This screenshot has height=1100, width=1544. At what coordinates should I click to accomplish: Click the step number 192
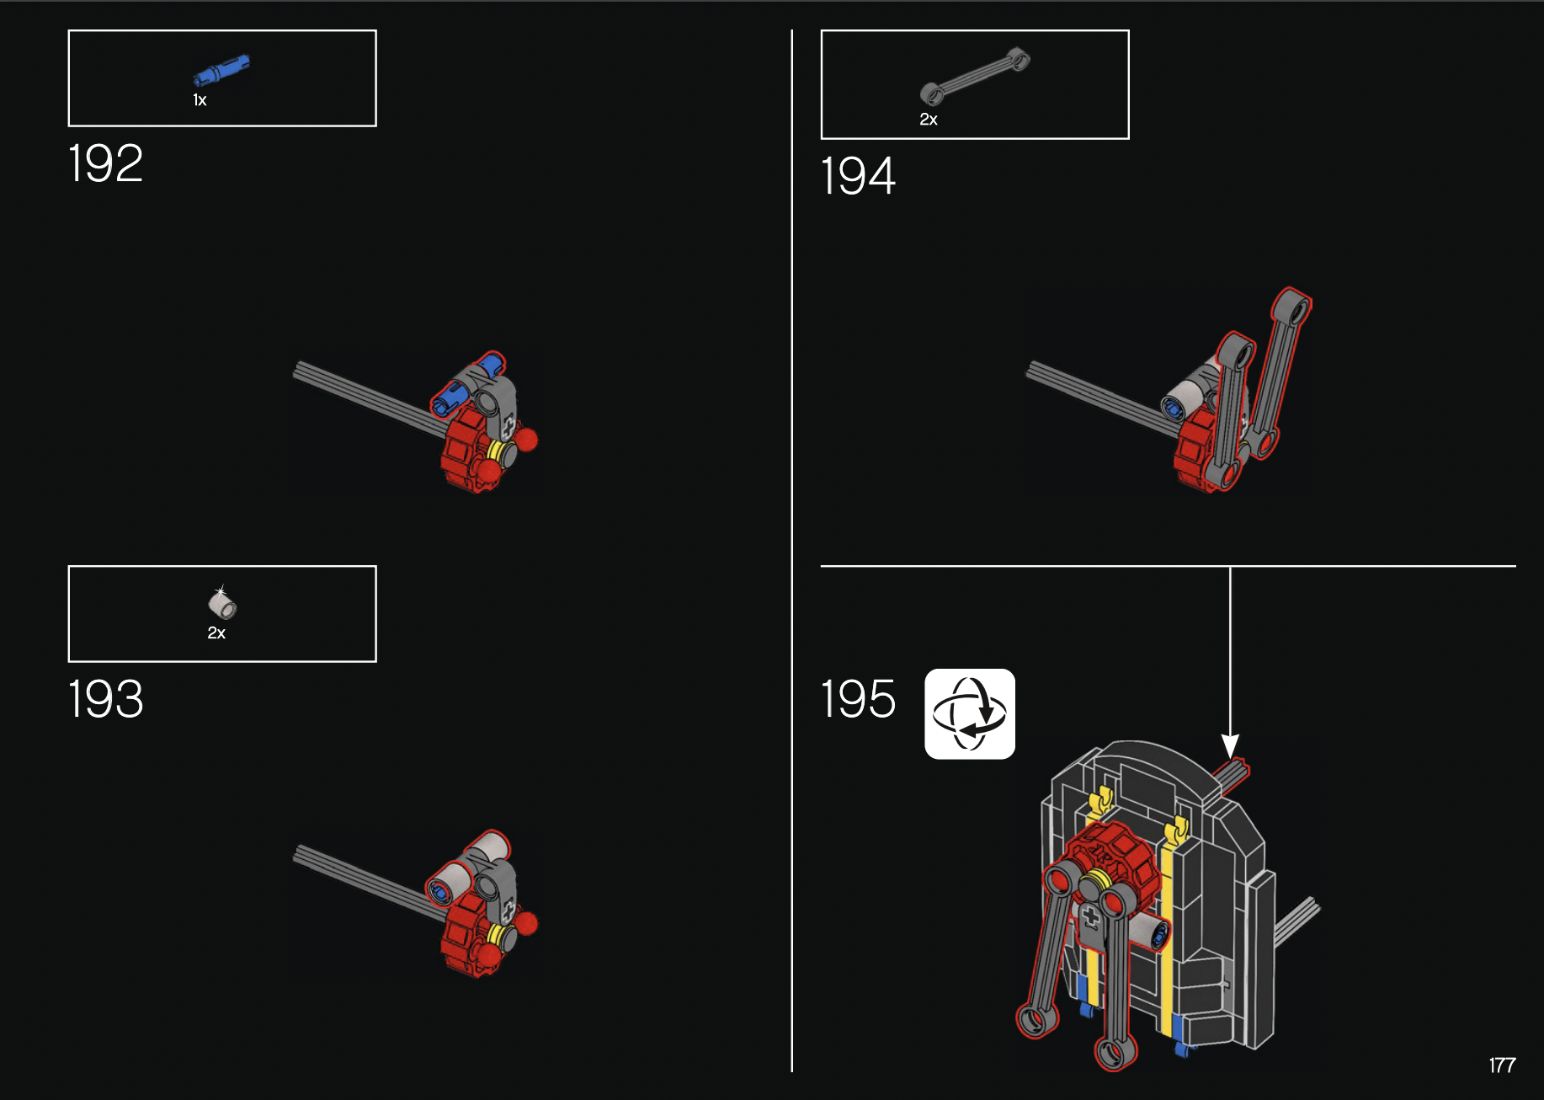pos(105,163)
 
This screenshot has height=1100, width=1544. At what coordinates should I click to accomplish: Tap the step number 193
pos(105,699)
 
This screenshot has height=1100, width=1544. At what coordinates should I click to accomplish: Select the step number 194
pos(858,176)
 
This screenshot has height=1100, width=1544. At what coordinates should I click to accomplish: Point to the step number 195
pos(858,699)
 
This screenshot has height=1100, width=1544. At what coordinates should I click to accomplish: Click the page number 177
pos(1502,1065)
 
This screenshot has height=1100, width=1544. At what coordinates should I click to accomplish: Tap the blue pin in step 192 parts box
pos(221,70)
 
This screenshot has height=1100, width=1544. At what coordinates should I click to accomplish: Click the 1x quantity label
pos(200,100)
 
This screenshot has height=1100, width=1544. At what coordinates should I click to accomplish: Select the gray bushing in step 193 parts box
pos(222,603)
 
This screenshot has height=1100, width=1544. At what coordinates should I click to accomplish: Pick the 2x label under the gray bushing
pos(216,633)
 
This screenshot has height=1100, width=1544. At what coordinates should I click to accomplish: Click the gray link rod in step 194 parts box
pos(975,76)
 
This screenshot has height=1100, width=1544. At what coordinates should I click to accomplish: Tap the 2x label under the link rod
pos(929,120)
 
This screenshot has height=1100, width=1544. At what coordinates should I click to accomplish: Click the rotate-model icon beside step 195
pos(970,714)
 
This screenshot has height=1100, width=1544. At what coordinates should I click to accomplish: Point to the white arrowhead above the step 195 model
pos(1230,745)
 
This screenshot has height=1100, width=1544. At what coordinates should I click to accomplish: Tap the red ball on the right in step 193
pos(526,924)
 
